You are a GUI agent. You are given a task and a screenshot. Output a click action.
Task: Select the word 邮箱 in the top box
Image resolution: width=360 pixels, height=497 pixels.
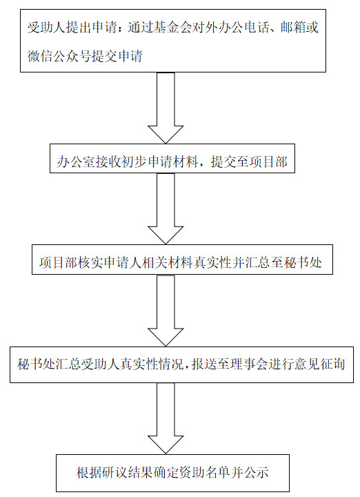click(292, 28)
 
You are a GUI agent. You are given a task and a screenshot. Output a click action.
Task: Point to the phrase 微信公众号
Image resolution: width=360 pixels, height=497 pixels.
click(59, 56)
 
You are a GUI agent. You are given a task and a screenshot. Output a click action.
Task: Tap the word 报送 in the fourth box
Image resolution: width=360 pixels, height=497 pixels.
click(204, 364)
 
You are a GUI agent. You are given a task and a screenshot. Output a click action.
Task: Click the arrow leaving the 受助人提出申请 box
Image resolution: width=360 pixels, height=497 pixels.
click(166, 108)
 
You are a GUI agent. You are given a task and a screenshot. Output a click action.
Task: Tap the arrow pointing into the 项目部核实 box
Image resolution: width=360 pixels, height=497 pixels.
click(166, 208)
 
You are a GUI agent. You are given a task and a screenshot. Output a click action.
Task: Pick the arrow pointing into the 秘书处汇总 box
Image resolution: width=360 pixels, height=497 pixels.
click(166, 311)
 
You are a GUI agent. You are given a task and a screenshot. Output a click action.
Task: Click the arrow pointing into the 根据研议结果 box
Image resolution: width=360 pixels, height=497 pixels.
click(166, 418)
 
